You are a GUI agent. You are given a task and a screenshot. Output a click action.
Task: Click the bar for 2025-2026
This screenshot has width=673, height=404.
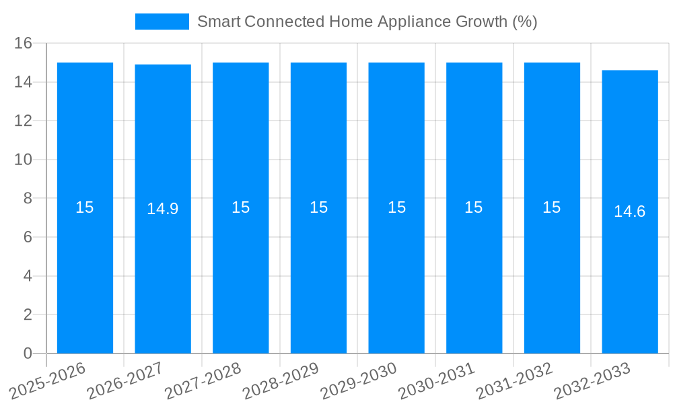coord(85,269)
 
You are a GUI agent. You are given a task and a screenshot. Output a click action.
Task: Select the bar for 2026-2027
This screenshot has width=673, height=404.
coord(163,269)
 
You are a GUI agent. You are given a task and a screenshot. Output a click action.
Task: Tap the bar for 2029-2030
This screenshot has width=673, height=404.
coord(396,269)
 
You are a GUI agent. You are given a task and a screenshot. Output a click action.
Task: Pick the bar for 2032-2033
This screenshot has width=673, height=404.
coord(630,269)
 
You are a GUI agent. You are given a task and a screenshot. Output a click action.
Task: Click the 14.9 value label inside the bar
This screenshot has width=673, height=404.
coord(163,209)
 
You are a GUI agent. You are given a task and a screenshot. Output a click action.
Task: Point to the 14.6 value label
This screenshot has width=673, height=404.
coord(630,211)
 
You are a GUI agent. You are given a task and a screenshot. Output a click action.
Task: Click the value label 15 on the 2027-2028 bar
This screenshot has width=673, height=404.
coord(241,207)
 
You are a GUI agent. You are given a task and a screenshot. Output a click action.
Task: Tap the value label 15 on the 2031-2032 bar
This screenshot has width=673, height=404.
coord(552,207)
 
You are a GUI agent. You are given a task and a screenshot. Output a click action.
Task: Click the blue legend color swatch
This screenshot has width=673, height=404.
coord(162,22)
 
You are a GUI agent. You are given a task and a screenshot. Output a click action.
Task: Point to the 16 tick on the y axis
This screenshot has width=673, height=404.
coord(24,43)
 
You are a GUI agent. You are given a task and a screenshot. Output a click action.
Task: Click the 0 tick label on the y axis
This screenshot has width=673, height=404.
coord(28,353)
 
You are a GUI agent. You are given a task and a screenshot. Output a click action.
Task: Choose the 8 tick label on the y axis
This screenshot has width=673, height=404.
coord(28,199)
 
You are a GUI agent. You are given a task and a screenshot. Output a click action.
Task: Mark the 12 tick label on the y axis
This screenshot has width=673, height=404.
coord(24,121)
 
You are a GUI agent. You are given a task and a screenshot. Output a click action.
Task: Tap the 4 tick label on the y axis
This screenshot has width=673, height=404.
coord(28,276)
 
